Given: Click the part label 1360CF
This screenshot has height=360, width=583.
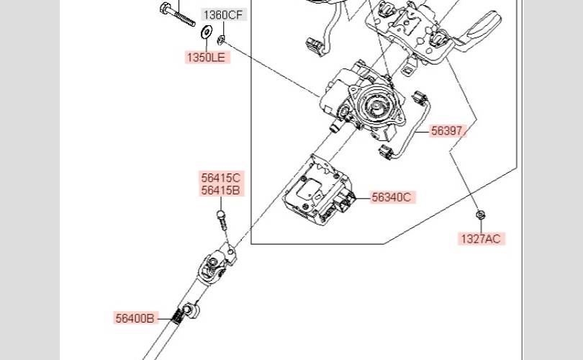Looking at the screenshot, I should (x=223, y=15).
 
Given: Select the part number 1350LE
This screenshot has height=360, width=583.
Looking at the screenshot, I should (x=207, y=58).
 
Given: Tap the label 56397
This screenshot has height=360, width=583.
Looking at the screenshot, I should (x=448, y=131).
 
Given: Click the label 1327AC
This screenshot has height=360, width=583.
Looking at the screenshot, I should (x=480, y=238).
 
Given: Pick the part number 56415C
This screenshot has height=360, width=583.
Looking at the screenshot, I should (x=221, y=178).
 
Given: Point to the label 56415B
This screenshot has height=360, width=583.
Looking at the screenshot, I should (x=221, y=191).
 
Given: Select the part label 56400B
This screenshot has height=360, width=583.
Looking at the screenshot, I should (x=135, y=318).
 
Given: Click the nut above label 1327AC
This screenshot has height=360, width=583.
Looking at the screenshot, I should (x=479, y=214).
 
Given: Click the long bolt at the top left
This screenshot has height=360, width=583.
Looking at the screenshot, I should (x=176, y=14).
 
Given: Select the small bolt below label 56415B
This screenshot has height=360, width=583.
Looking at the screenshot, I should (x=222, y=219).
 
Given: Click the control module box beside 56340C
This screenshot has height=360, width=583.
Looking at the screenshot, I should (x=317, y=191).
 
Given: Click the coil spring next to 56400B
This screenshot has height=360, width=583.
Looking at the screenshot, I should (x=176, y=315).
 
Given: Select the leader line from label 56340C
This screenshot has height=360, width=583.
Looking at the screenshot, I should (x=361, y=197).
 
